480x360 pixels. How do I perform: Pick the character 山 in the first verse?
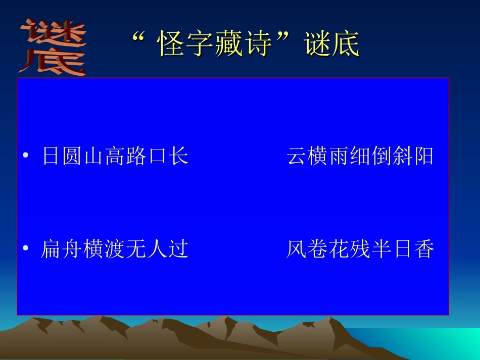point(93,156)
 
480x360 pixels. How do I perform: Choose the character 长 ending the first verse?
point(178,156)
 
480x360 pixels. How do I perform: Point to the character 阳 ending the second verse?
point(423,156)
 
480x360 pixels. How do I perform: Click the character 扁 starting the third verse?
point(51,249)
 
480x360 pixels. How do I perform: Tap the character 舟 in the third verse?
point(72,249)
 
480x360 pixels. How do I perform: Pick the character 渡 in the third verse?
point(115,249)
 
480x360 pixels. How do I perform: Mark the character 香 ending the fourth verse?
point(423,249)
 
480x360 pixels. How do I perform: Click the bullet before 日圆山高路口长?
point(25,156)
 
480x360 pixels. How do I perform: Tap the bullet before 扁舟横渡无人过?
point(25,249)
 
